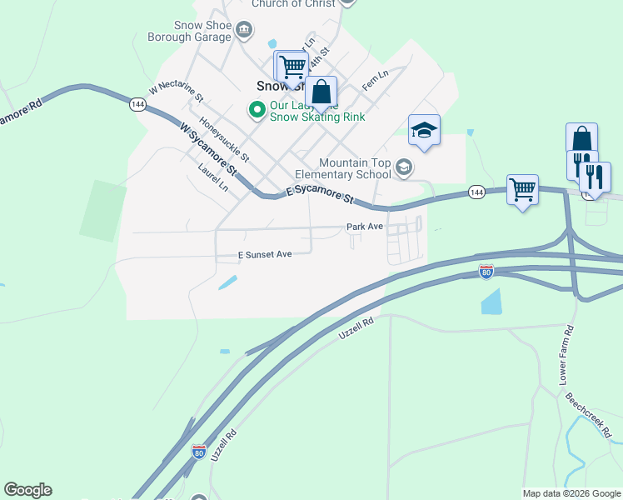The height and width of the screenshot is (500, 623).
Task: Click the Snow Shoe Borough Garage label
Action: coord(188,31)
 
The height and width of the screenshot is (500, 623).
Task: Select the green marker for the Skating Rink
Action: coord(257,108)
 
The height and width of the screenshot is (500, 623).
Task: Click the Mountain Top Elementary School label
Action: coord(355,168)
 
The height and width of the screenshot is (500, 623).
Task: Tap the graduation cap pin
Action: coord(424,131)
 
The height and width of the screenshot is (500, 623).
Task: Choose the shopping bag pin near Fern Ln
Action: coord(321,93)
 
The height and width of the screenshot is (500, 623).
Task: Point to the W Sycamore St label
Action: coord(208,147)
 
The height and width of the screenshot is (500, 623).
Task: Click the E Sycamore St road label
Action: coord(320,196)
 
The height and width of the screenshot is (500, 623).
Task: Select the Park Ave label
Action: coord(365,227)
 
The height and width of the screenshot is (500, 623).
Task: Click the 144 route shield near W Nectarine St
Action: coord(137,104)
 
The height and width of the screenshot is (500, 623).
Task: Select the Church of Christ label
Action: coord(287,4)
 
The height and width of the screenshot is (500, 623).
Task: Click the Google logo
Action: coord(27,490)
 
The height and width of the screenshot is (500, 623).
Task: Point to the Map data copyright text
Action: coord(571,493)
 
